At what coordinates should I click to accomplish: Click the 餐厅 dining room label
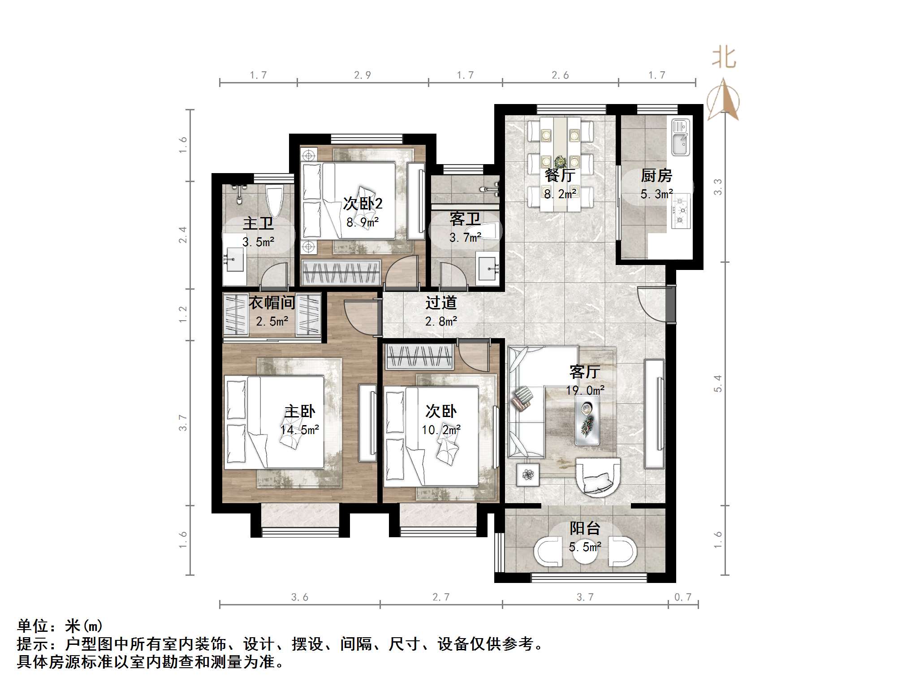coord(560,175)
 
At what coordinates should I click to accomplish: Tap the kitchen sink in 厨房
coord(680,138)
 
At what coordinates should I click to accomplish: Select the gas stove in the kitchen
coord(681,211)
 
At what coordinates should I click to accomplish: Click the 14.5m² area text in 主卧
coord(299,430)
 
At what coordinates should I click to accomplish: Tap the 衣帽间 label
coord(272,303)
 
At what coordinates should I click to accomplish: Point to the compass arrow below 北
coord(723,100)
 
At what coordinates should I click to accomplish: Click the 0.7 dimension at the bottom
coord(683,597)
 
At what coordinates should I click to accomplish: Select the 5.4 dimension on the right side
coord(718,383)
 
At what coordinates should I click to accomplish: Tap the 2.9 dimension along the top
coord(362,75)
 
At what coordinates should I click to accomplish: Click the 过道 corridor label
coord(441,303)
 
